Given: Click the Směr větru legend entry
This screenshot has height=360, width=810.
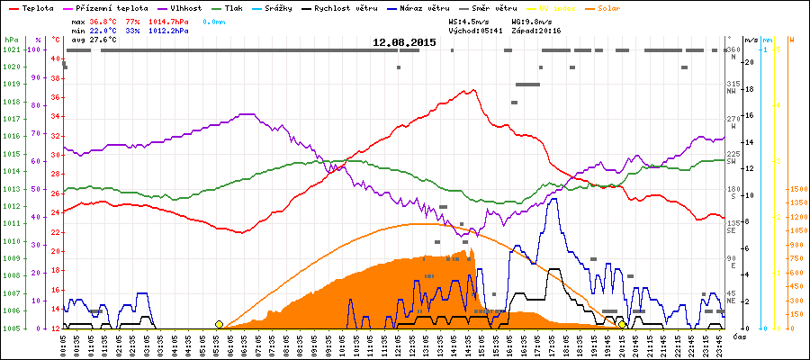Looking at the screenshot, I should click(x=492, y=7).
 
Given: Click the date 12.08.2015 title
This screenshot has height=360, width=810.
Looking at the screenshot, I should click(x=404, y=41).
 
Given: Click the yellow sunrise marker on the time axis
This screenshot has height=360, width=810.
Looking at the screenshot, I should click(x=219, y=324).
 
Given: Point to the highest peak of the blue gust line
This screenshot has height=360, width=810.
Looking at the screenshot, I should click(x=553, y=199).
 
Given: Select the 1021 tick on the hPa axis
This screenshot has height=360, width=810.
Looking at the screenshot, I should click(x=11, y=49).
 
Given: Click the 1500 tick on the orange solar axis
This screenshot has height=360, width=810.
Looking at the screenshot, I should click(x=796, y=190).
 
